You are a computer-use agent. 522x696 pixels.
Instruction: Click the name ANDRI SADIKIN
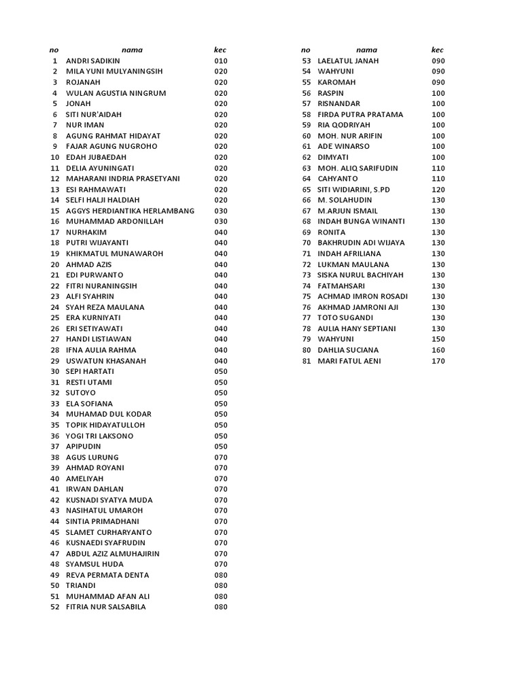[92, 61]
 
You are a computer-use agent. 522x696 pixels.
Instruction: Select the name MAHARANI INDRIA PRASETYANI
[122, 179]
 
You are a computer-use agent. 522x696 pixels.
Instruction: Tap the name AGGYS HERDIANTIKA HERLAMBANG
[130, 211]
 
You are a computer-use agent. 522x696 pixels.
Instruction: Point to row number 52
[55, 607]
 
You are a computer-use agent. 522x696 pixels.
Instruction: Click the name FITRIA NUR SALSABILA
[105, 607]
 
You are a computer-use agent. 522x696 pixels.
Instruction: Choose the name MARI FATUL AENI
[349, 361]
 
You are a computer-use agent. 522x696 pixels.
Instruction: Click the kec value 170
[438, 361]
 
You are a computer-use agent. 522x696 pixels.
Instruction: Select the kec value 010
[220, 61]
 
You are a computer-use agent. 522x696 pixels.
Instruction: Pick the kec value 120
[438, 190]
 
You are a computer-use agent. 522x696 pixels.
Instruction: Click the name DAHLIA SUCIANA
[348, 350]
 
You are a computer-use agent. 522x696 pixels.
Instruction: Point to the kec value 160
[438, 350]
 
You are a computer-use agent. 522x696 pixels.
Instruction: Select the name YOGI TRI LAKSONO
[99, 436]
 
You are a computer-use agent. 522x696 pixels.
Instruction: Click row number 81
[306, 361]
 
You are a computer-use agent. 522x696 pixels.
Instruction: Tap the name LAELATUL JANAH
[348, 61]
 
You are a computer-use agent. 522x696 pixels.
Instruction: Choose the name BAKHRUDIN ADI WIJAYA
[361, 243]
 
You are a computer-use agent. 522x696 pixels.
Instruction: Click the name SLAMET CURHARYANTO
[109, 532]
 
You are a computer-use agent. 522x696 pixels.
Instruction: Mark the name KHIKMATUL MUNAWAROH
[114, 254]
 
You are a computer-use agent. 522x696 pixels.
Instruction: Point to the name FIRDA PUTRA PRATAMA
[360, 114]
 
